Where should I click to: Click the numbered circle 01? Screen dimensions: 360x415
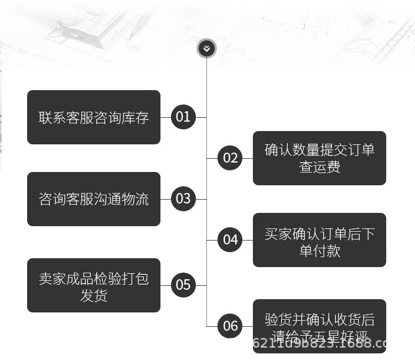click(183, 117)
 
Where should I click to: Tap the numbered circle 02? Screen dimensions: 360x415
click(230, 158)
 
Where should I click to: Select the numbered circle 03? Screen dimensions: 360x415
click(183, 199)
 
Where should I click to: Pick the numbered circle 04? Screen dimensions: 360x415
click(230, 240)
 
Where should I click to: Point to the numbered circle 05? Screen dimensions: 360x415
click(183, 285)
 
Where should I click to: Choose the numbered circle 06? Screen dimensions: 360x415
click(230, 326)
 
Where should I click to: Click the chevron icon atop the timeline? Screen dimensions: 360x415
click(206, 49)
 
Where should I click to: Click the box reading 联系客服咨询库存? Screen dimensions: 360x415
click(94, 117)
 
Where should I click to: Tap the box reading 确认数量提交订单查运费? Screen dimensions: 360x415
click(319, 158)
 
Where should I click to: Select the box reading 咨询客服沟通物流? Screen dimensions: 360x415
click(94, 199)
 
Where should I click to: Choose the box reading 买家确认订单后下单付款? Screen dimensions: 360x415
click(319, 240)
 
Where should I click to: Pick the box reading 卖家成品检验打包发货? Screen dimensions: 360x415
click(94, 285)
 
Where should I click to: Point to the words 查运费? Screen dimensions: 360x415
click(319, 167)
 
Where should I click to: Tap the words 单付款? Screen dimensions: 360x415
click(319, 250)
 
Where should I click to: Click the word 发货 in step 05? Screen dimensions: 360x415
click(94, 295)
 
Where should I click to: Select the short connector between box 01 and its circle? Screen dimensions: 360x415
click(165, 117)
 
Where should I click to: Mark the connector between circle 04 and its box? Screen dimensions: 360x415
click(248, 240)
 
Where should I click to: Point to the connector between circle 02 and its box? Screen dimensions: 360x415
click(248, 158)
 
